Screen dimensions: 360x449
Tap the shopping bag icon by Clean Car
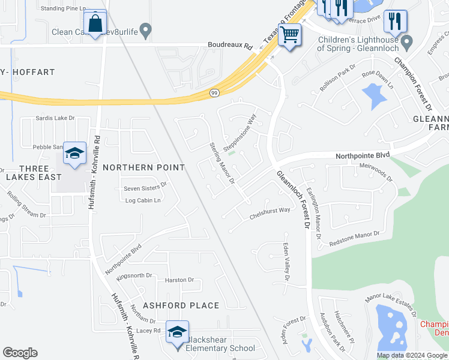click(95, 24)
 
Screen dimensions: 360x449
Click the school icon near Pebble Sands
click(75, 154)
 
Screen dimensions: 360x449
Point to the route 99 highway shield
click(214, 93)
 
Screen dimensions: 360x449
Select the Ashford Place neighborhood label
click(181, 305)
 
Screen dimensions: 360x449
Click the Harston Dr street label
click(179, 280)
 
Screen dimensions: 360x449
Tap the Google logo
click(20, 353)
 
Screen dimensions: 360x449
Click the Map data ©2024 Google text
click(412, 355)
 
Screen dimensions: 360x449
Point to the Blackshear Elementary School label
click(220, 344)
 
